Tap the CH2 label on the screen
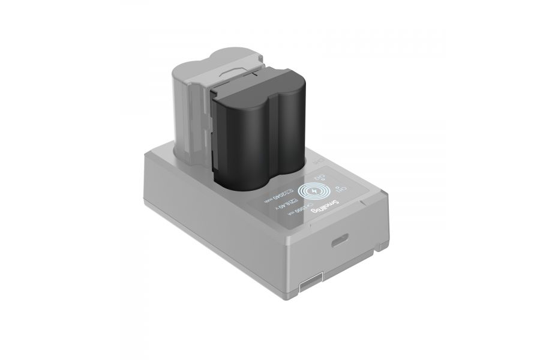[x=325, y=177]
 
